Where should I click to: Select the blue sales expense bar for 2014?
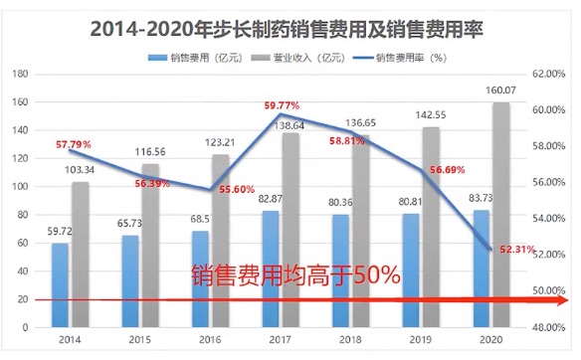tap(61, 284)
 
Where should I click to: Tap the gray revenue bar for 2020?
tap(501, 214)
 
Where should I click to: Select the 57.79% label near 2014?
tap(74, 145)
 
